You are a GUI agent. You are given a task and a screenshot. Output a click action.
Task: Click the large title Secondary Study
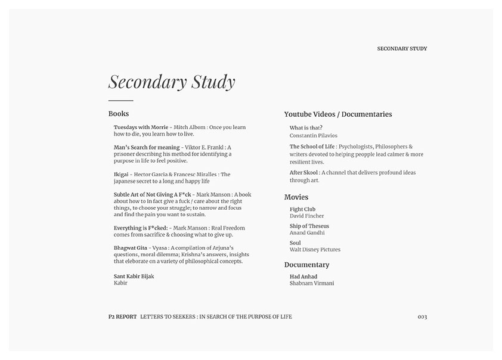172,82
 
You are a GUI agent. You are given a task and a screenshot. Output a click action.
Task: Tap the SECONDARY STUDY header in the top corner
402,49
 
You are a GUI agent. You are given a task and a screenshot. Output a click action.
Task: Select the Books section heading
119,114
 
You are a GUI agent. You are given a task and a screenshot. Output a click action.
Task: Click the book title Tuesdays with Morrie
141,128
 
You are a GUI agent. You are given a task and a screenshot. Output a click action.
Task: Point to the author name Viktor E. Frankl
203,147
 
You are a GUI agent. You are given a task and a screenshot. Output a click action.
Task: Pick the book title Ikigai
121,175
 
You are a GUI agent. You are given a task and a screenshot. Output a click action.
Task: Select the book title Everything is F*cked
141,228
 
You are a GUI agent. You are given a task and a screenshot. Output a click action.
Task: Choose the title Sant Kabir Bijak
134,277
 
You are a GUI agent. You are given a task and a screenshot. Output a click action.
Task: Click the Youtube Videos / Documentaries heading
338,114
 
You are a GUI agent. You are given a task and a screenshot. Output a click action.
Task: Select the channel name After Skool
304,173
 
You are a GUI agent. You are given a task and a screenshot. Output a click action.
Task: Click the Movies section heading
296,197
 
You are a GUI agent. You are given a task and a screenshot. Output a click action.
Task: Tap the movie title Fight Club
302,210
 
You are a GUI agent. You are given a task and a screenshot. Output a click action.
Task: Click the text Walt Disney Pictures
315,250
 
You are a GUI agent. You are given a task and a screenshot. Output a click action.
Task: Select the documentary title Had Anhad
303,277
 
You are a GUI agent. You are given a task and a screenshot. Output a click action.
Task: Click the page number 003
422,317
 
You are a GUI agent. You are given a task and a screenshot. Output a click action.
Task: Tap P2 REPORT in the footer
119,317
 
